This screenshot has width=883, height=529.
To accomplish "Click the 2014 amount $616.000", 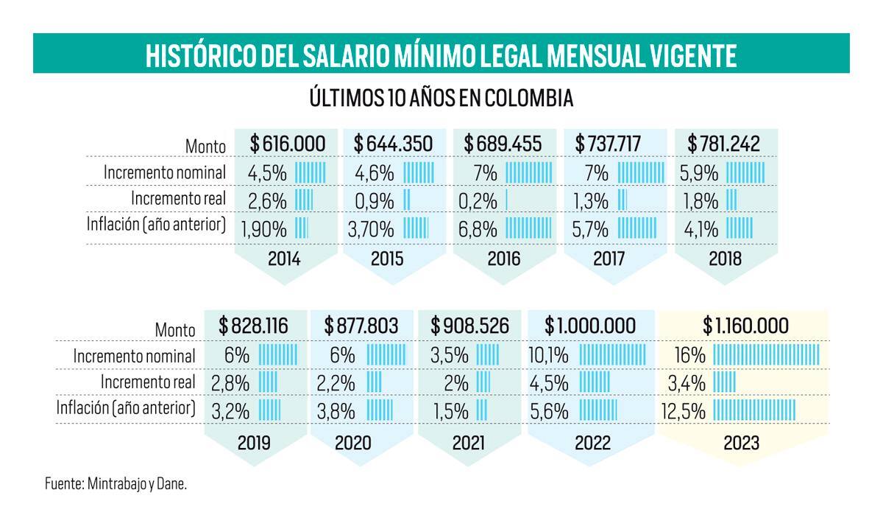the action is coord(288,144).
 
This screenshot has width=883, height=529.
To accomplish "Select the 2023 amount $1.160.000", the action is coord(745,326).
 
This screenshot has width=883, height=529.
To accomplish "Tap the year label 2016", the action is coord(504,259).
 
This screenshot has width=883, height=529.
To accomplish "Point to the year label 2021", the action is coord(468,443).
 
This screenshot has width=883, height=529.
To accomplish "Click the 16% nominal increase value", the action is coord(690,355).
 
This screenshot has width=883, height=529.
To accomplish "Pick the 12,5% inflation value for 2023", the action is coord(684,411).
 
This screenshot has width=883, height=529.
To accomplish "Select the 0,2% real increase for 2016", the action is coord(478,201).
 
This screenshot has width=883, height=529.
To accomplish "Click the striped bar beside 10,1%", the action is coord(612,354).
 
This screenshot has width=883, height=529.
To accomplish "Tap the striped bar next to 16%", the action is coord(766,354).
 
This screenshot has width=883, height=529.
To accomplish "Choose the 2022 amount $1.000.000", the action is coord(590,326).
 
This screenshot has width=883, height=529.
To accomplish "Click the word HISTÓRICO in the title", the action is coord(201,55).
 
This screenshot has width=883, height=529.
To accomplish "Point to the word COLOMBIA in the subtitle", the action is coord(528,98).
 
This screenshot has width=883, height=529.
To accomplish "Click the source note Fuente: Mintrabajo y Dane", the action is coord(116,483).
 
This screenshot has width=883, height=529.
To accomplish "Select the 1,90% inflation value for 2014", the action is coord(263,229).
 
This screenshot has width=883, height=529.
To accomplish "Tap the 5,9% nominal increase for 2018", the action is coord(698,173).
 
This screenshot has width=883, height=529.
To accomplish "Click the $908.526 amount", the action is coord(470,326).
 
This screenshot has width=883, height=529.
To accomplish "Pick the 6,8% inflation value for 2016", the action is coord(478,229).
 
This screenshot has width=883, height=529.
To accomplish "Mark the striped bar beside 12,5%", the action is coord(754,410).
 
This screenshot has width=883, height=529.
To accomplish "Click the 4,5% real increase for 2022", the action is coord(549,383).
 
